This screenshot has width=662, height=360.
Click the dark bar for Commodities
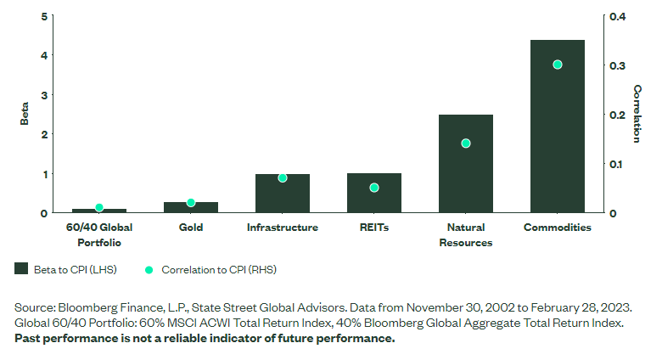(557, 127)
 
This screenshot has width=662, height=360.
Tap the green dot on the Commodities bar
(558, 65)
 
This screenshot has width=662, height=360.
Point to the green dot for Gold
(191, 203)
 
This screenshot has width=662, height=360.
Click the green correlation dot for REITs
(374, 188)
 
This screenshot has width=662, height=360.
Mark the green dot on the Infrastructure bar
(283, 178)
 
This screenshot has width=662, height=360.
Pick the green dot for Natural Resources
(466, 143)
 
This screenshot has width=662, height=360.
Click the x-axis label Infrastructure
(283, 228)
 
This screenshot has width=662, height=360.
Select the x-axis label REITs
(374, 228)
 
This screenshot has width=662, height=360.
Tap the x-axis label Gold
(191, 228)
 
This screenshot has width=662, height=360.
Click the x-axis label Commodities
(558, 228)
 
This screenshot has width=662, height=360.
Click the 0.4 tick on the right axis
(617, 16)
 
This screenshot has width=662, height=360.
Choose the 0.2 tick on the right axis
(617, 115)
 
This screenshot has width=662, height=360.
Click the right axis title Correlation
(637, 113)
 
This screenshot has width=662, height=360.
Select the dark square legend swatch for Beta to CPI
(22, 269)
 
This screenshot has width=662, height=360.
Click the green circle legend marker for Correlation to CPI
(149, 269)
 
